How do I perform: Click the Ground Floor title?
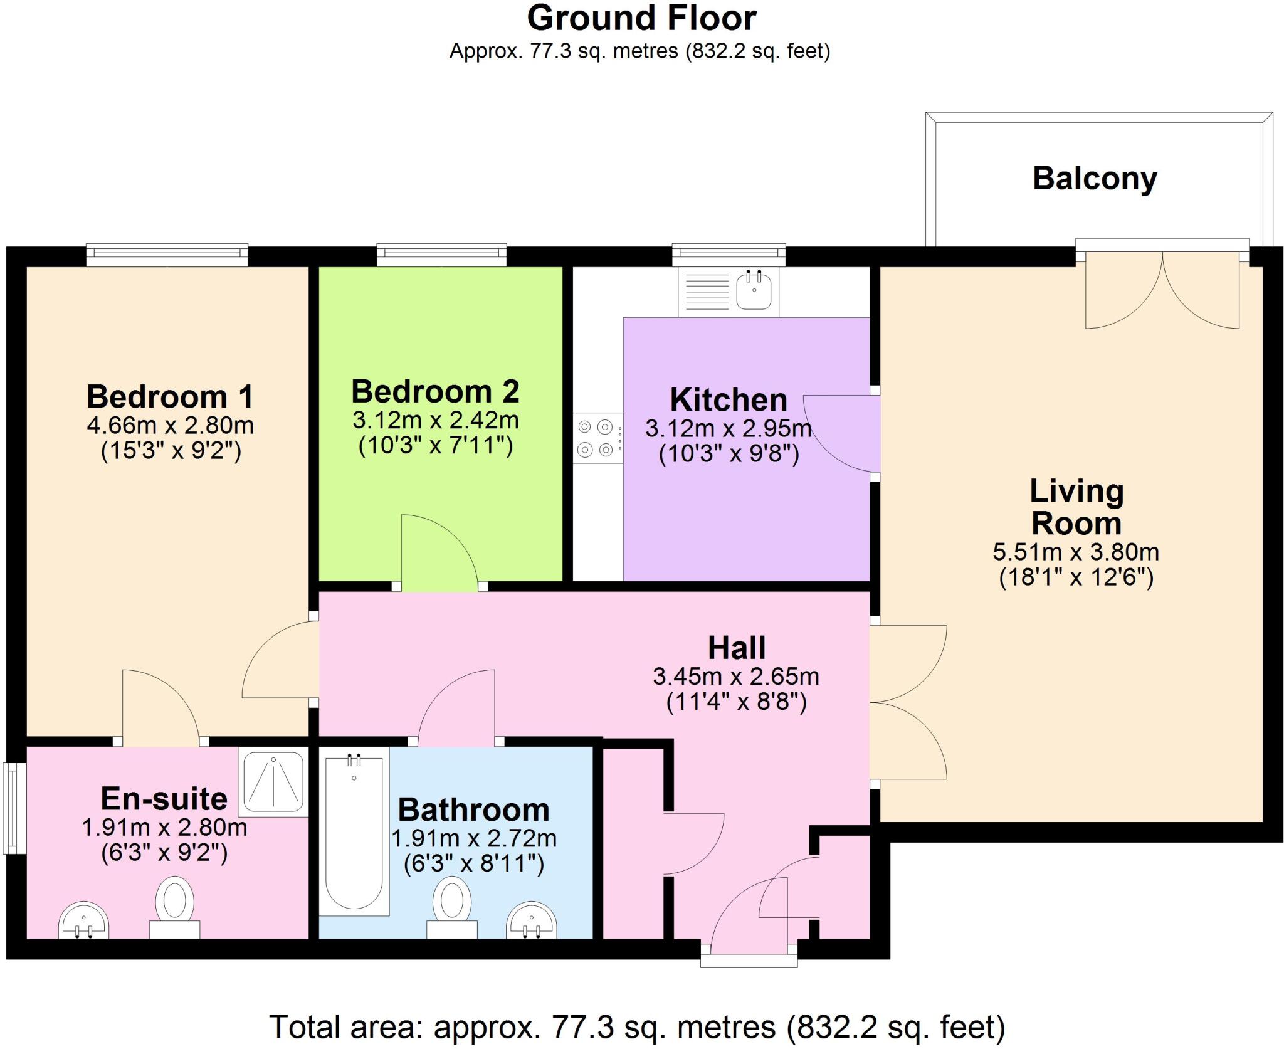(x=641, y=19)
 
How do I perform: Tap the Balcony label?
(x=1094, y=179)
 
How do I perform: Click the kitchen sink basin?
(x=754, y=291)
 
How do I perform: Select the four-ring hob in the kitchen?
(x=595, y=438)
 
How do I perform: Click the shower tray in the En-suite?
(x=273, y=781)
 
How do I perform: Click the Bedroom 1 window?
(x=167, y=253)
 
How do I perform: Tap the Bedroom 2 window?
(x=441, y=253)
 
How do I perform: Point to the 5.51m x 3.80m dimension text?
(x=1076, y=552)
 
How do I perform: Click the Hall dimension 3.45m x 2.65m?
(x=736, y=677)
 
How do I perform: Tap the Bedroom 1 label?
(x=170, y=396)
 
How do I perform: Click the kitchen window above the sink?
(x=729, y=253)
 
